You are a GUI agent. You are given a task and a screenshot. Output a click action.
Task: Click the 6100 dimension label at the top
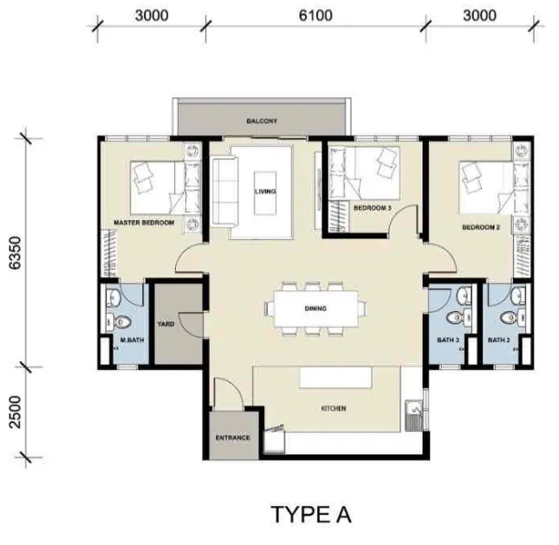(315, 16)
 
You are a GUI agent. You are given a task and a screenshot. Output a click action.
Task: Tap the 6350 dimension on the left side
(16, 252)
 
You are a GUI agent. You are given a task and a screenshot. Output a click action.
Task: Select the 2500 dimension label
(16, 412)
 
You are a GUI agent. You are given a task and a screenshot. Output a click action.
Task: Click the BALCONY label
(262, 121)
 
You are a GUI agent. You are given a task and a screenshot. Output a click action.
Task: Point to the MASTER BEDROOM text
(144, 223)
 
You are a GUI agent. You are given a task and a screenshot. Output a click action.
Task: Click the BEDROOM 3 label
(372, 208)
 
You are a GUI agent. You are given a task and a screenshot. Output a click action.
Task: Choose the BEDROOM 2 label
(481, 227)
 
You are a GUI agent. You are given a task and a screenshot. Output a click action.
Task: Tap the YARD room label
(166, 324)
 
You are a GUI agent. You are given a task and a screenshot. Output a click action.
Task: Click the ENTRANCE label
(233, 438)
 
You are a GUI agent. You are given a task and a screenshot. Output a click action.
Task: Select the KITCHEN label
(334, 408)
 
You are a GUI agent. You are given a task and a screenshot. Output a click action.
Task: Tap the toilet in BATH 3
(458, 316)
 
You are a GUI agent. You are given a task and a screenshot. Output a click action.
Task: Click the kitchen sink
(414, 416)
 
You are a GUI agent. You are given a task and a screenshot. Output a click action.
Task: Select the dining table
(315, 308)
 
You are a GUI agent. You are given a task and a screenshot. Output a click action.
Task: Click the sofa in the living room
(225, 192)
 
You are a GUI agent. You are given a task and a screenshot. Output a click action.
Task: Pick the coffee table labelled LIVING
(265, 193)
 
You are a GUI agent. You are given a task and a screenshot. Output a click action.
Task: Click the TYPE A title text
(311, 515)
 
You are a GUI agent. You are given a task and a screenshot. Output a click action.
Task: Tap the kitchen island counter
(335, 378)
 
